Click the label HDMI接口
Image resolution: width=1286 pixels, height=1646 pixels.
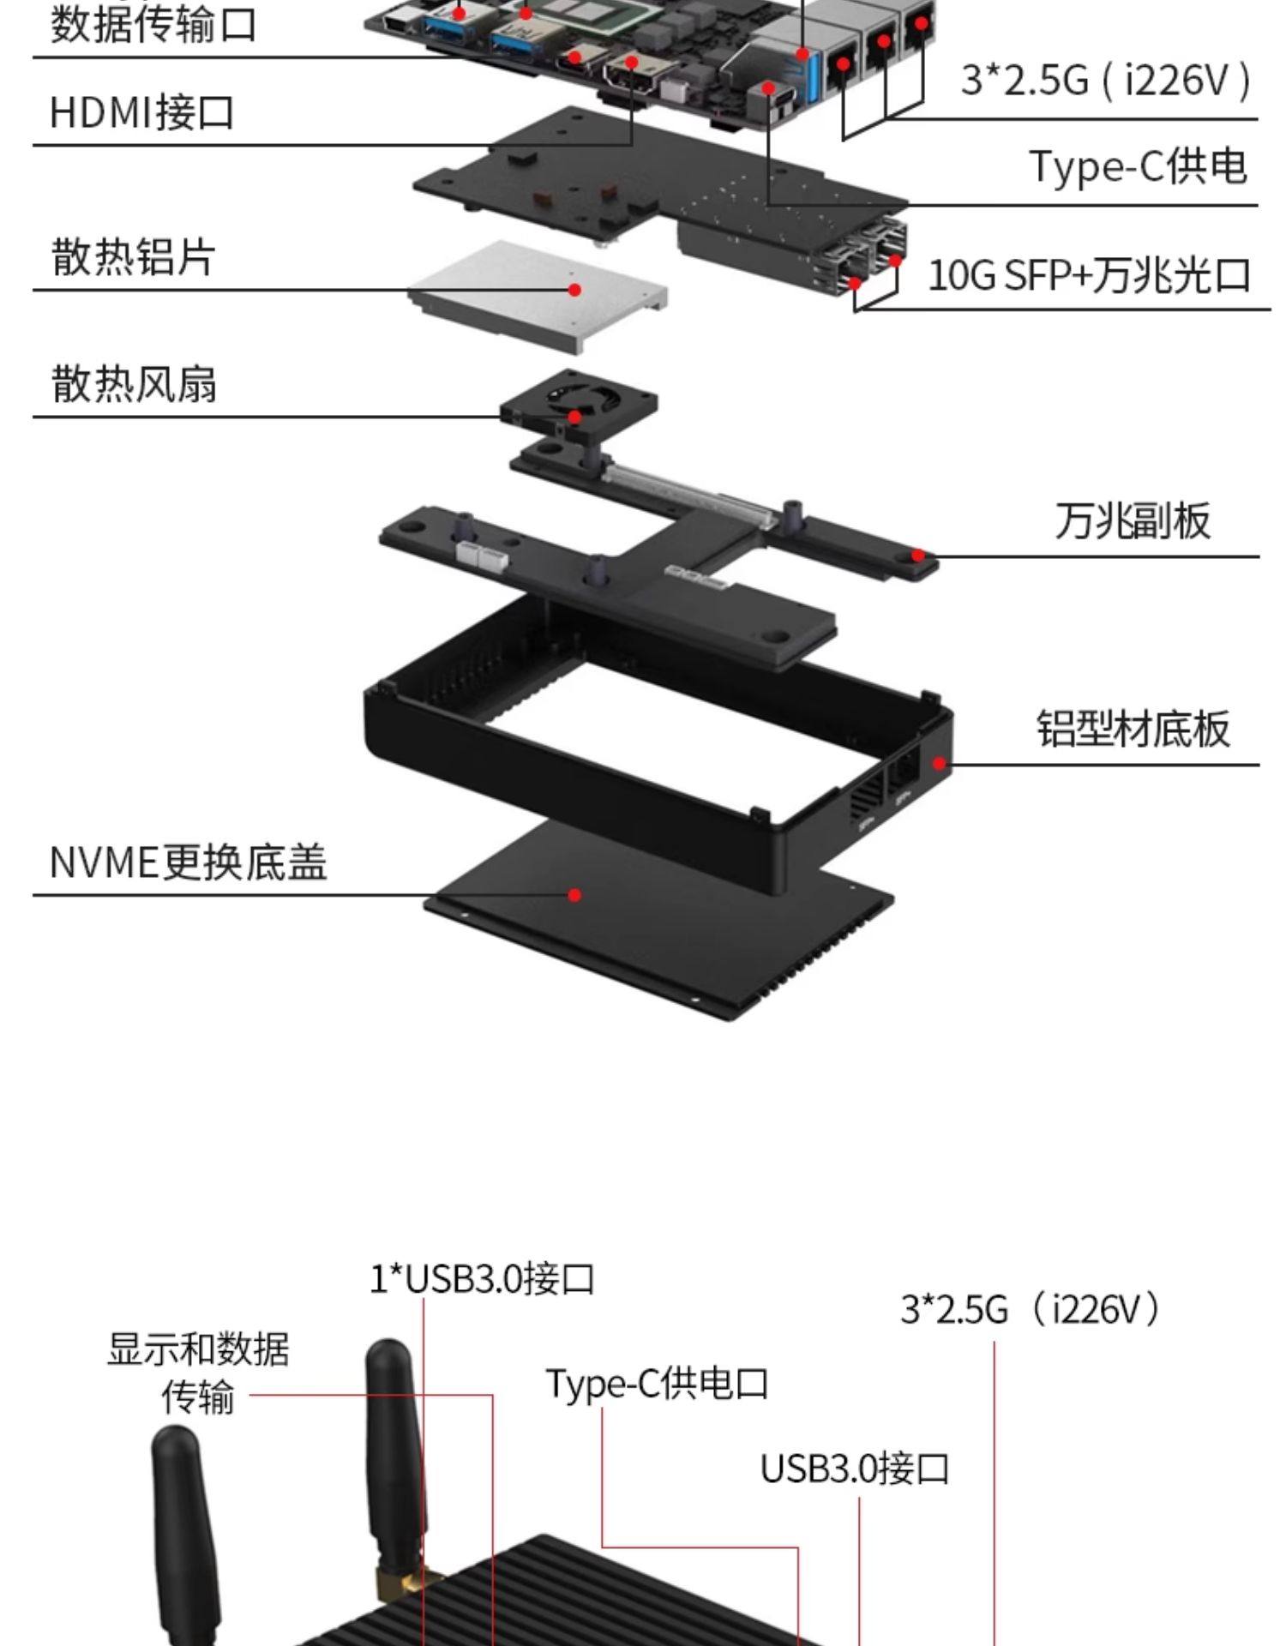pos(141,112)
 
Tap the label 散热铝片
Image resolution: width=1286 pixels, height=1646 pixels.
pos(133,256)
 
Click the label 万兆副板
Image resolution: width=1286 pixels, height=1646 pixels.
pos(1132,520)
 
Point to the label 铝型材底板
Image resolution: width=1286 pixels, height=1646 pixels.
pos(1133,728)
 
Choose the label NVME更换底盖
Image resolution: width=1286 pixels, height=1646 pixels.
pos(188,862)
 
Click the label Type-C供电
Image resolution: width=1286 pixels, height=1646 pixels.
pos(1138,165)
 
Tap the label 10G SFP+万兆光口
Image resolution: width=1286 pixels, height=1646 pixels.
pos(1089,275)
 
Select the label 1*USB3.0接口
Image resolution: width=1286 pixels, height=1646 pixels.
pos(482,1278)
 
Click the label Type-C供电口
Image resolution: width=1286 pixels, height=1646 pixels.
pos(657,1383)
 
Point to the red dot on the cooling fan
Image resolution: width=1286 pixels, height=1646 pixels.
pos(575,418)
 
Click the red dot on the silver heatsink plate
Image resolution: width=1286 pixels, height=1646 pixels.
pos(575,290)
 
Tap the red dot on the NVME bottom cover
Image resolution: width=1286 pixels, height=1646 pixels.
pos(575,895)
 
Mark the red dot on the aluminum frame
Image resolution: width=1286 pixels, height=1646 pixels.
pos(940,763)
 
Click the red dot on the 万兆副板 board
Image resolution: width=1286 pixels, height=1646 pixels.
pos(918,556)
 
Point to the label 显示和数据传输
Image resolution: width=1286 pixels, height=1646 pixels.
pos(198,1372)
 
